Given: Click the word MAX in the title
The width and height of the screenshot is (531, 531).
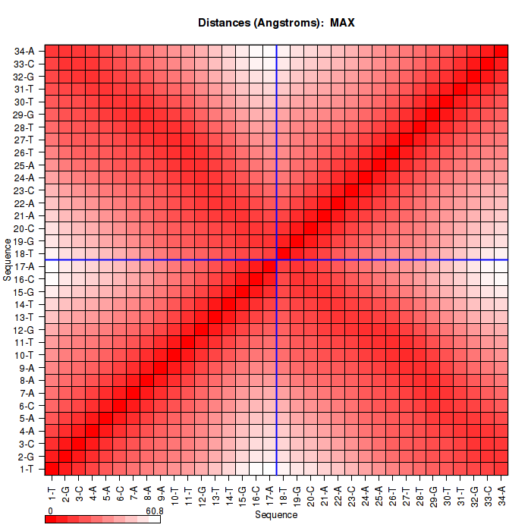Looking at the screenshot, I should (342, 23).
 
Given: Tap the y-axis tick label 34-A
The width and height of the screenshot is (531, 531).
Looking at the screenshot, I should (24, 52).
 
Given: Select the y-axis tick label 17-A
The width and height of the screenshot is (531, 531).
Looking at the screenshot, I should (24, 266).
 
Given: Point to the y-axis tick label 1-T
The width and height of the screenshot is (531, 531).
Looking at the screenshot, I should (25, 469).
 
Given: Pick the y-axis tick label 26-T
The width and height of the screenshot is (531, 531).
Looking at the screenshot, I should (24, 152).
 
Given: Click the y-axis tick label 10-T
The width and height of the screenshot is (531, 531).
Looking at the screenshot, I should (24, 355).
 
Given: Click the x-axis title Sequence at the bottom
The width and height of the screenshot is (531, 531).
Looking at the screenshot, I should (276, 515).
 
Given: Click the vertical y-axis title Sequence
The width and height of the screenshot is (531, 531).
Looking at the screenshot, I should (7, 259).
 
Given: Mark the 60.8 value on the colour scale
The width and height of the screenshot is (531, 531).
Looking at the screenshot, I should (155, 511).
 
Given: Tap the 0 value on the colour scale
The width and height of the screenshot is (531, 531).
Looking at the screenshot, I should (50, 511).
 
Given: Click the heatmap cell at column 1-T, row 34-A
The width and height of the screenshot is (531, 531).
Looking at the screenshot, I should (52, 52).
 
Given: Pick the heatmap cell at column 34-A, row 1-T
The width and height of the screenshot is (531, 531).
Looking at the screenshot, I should (501, 469).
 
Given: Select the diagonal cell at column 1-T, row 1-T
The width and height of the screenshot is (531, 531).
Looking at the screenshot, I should (52, 469).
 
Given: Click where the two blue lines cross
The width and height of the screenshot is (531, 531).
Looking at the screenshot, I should (277, 260).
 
